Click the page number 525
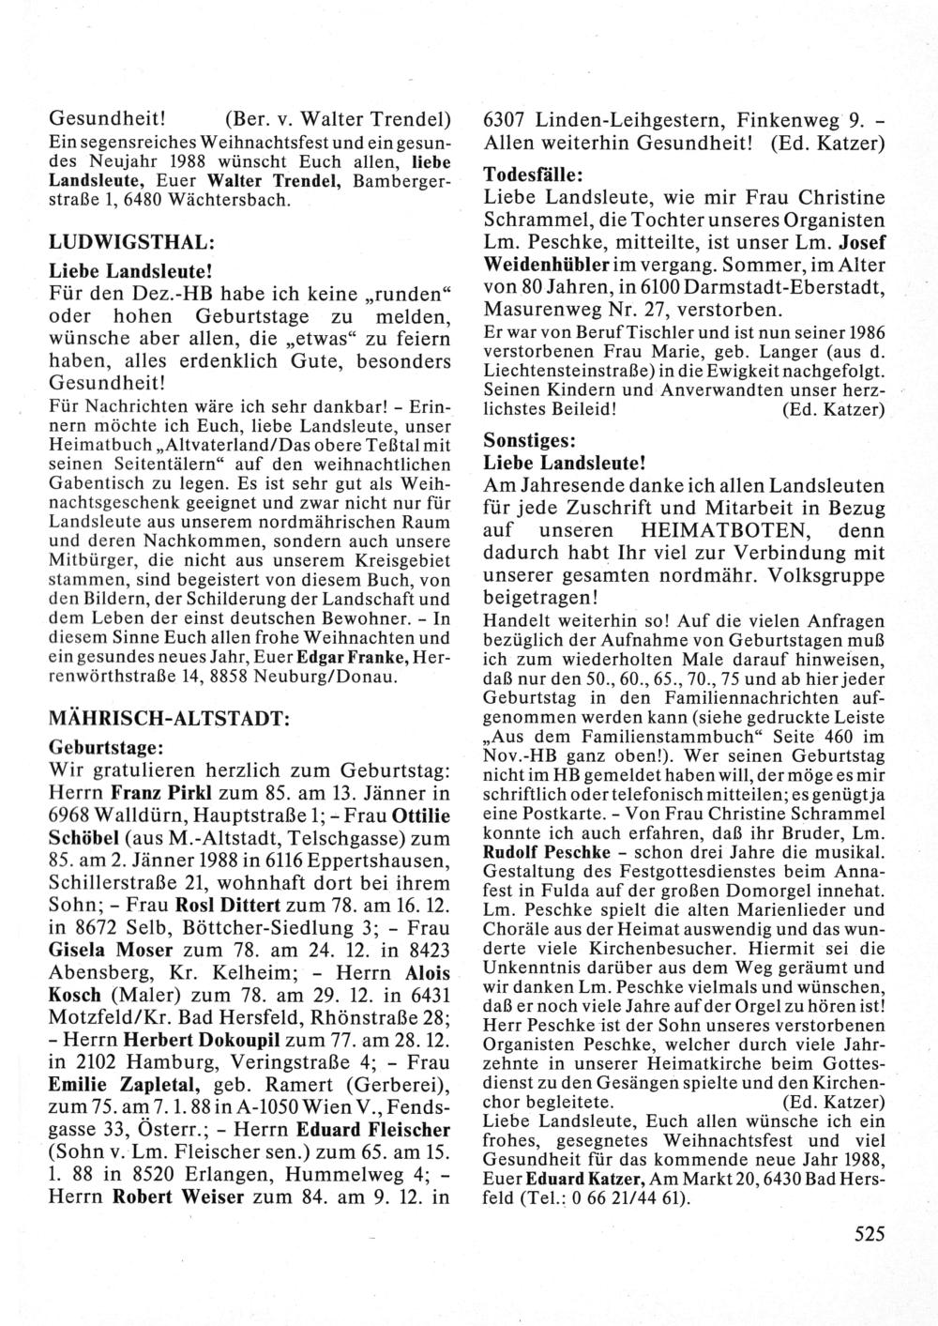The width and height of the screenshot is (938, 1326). pos(870,1234)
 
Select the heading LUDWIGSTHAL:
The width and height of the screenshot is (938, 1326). pos(127,240)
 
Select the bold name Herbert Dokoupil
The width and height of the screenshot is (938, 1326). pos(191,1039)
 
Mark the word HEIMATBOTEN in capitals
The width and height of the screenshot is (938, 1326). pos(705,530)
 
